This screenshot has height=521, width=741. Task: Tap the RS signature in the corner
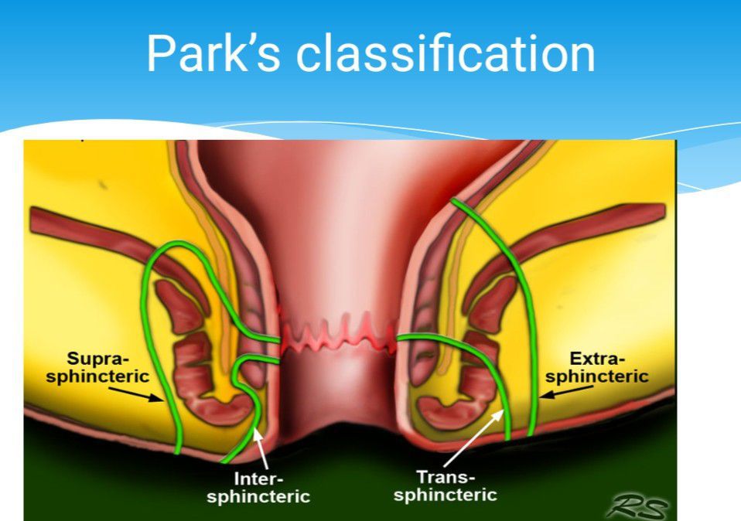tap(637, 506)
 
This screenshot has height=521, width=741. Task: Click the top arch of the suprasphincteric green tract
tap(178, 247)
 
